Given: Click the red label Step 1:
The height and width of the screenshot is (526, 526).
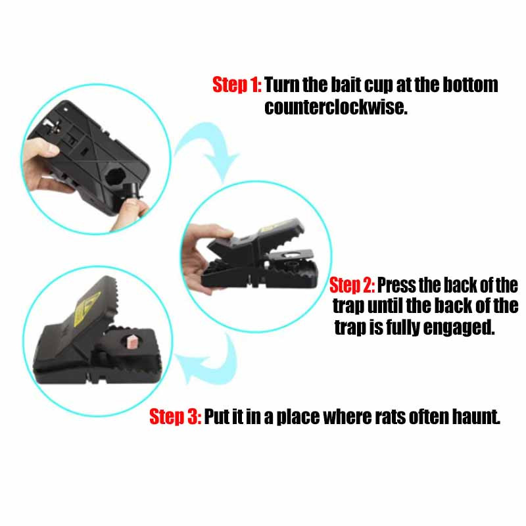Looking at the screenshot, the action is click(237, 85).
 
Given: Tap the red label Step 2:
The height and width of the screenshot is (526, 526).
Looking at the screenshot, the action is click(352, 285).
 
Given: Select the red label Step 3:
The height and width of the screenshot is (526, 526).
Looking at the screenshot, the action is click(175, 417).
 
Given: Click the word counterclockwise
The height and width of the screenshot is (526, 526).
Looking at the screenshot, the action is click(336, 107).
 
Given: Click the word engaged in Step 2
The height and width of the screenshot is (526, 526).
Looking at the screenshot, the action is click(459, 327).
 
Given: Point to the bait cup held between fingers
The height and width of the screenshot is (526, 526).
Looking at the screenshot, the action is click(132, 191).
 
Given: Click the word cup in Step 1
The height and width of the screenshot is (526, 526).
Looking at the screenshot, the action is click(379, 85).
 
